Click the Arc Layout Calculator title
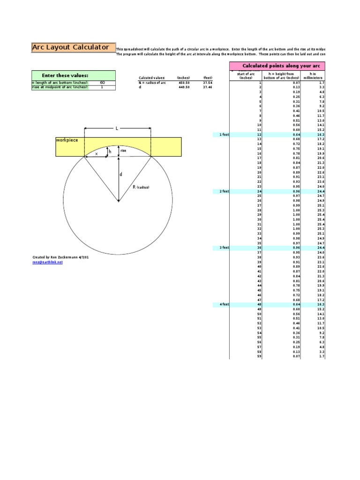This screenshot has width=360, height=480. (x=71, y=47)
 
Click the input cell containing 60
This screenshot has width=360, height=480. (x=102, y=82)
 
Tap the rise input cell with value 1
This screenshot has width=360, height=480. (x=102, y=87)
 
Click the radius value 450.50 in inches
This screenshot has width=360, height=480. (x=183, y=82)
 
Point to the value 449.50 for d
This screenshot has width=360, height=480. (x=183, y=87)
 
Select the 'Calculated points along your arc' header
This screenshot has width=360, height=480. (x=277, y=66)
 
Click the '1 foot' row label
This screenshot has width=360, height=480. (x=224, y=135)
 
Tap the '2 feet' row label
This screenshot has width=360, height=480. (x=224, y=191)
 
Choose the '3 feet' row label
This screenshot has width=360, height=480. (x=224, y=247)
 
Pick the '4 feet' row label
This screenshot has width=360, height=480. (x=224, y=304)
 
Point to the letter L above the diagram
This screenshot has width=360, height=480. (x=117, y=127)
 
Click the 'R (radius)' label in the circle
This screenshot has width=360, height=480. (x=141, y=187)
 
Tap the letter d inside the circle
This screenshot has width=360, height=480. (x=121, y=174)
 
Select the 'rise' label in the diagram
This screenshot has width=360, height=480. (x=123, y=150)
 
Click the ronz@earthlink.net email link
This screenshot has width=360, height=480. (x=47, y=262)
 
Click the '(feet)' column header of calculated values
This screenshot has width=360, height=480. (x=208, y=78)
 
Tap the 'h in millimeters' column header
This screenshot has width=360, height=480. (x=313, y=75)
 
